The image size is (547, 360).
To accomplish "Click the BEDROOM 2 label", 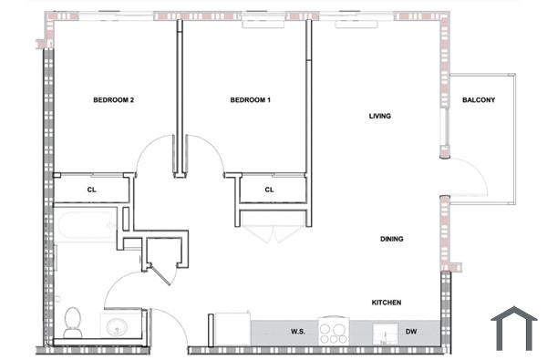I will pyautogui.click(x=114, y=100).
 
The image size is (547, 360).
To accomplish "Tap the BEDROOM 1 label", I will pyautogui.click(x=250, y=100).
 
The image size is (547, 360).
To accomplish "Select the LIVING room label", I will pyautogui.click(x=380, y=117).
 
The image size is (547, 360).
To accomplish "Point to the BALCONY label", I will pyautogui.click(x=479, y=100).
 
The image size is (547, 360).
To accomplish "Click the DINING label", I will pyautogui.click(x=392, y=240).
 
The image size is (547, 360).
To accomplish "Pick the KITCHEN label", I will pyautogui.click(x=387, y=303).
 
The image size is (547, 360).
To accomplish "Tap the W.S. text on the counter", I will pyautogui.click(x=297, y=332).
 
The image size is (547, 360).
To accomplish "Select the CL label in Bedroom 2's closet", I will pyautogui.click(x=92, y=190).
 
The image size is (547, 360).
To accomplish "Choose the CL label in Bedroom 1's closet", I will pyautogui.click(x=270, y=190).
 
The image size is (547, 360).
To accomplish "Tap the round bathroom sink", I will pyautogui.click(x=116, y=326).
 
